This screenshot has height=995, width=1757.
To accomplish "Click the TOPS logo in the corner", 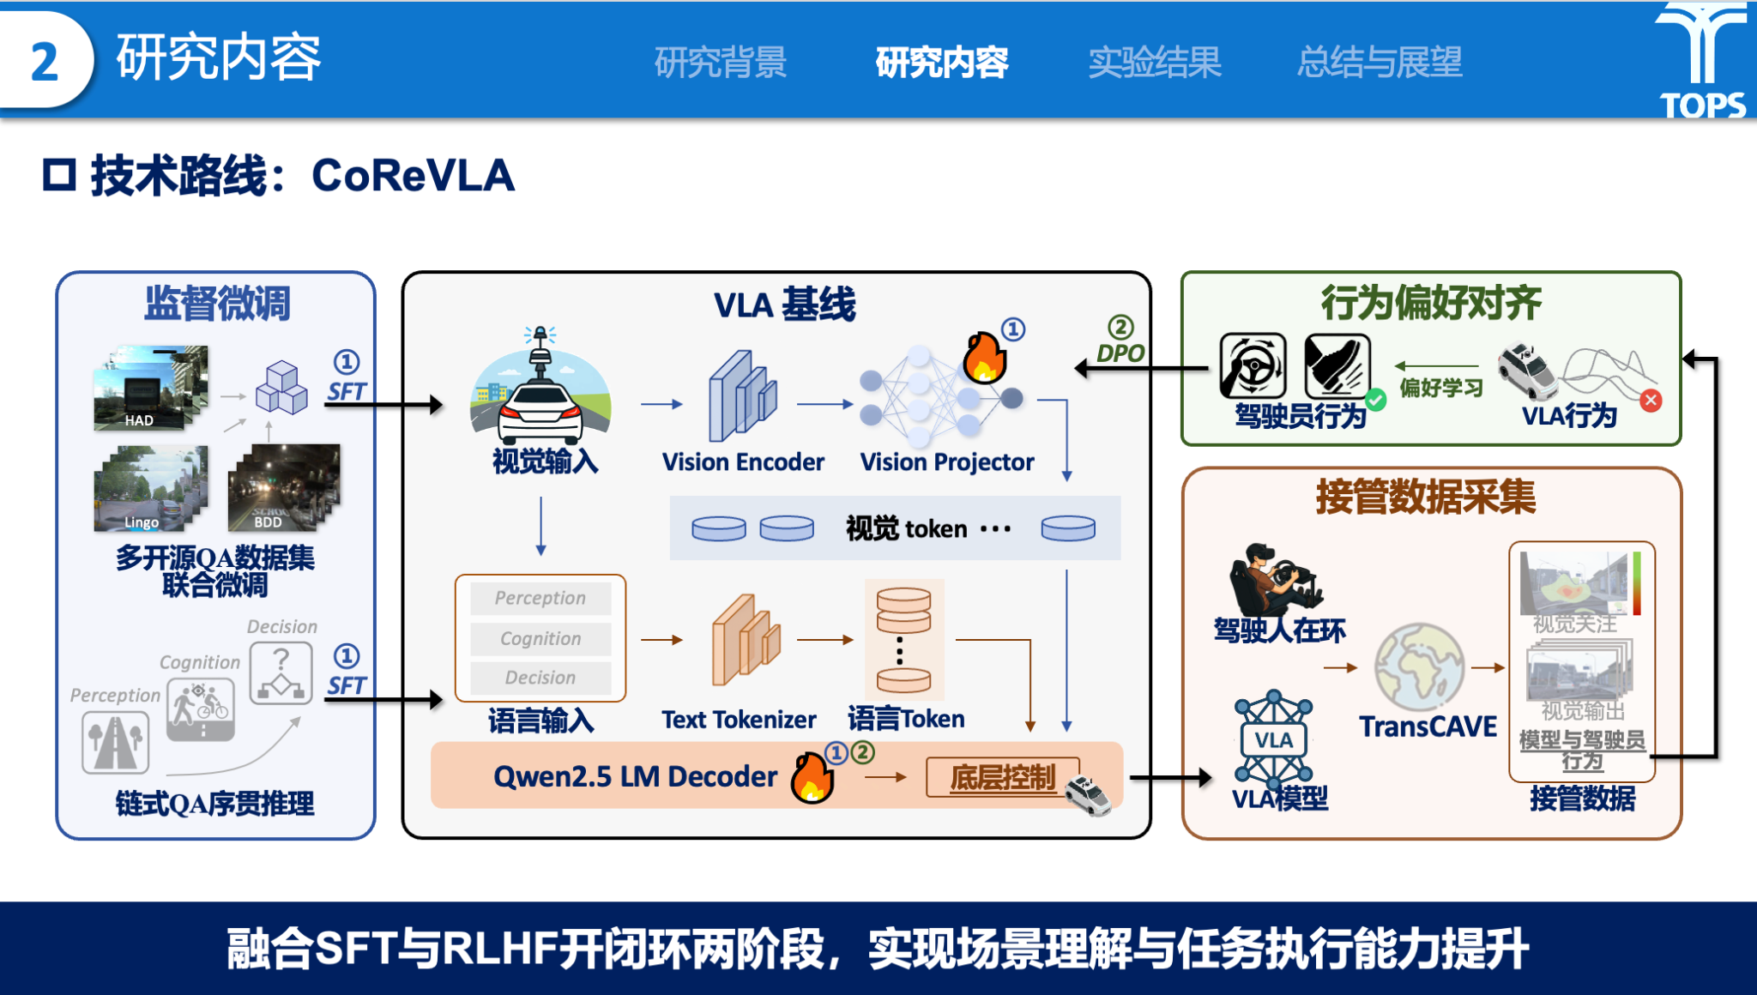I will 1702,60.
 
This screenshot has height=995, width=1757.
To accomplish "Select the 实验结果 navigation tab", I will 1154,63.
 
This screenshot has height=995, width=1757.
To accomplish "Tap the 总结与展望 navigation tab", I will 1379,63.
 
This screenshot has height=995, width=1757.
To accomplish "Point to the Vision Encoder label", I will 743,462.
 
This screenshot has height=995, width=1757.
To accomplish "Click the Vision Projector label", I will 947,462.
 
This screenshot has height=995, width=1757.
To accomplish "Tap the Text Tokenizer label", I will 739,720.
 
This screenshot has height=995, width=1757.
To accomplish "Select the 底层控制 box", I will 1003,777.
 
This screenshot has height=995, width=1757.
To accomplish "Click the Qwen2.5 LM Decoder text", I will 635,776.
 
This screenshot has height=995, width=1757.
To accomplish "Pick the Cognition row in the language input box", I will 540,638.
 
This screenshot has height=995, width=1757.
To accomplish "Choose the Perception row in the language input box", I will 540,598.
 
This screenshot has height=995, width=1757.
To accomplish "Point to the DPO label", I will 1120,353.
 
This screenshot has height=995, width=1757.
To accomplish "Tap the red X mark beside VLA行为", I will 1651,401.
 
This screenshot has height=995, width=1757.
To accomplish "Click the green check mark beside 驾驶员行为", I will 1376,400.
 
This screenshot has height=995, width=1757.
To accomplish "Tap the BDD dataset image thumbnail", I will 283,486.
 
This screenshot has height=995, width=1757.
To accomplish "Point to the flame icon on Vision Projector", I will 983,357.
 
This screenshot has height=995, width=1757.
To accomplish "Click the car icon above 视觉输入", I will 540,395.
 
